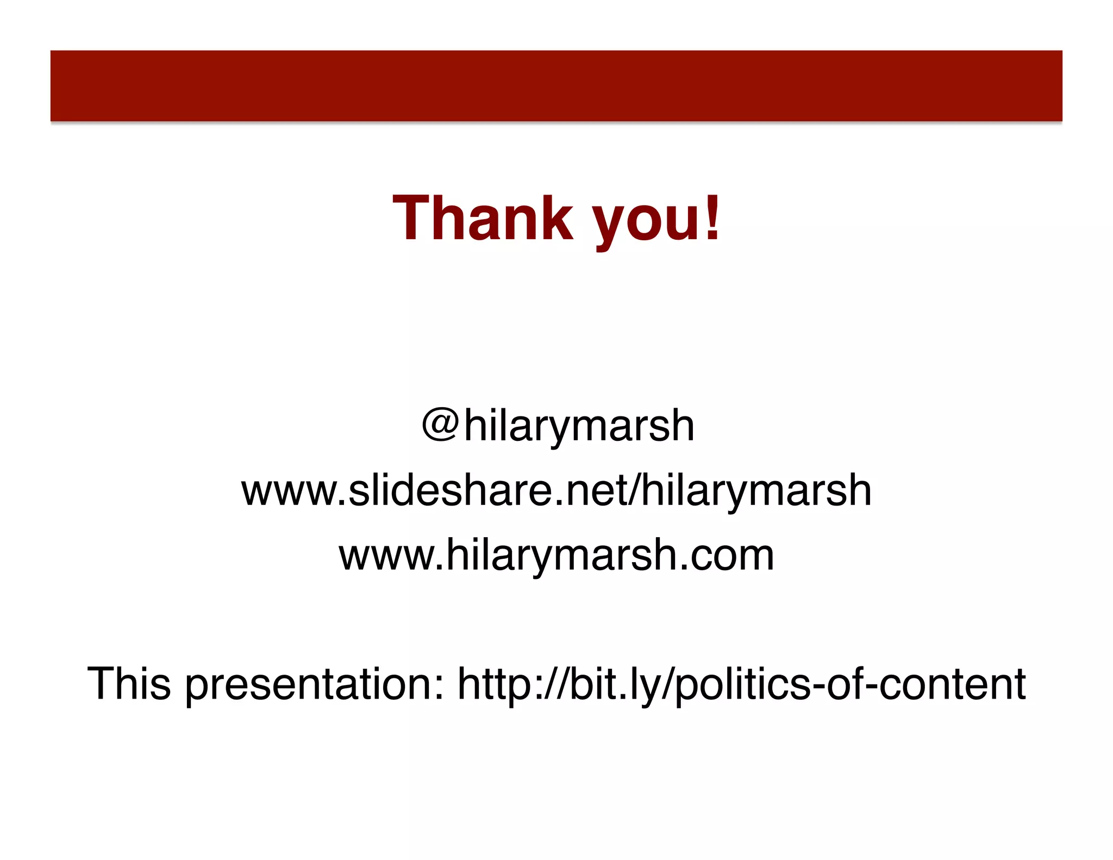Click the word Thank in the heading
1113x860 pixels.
pyautogui.click(x=483, y=218)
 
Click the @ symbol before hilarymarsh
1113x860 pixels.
pyautogui.click(x=441, y=425)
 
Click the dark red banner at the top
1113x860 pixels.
pyautogui.click(x=556, y=86)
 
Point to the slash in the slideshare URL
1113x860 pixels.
pyautogui.click(x=634, y=490)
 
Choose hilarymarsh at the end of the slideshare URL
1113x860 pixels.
pyautogui.click(x=756, y=491)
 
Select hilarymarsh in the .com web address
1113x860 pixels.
pyautogui.click(x=560, y=556)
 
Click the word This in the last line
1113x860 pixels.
pyautogui.click(x=129, y=683)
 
